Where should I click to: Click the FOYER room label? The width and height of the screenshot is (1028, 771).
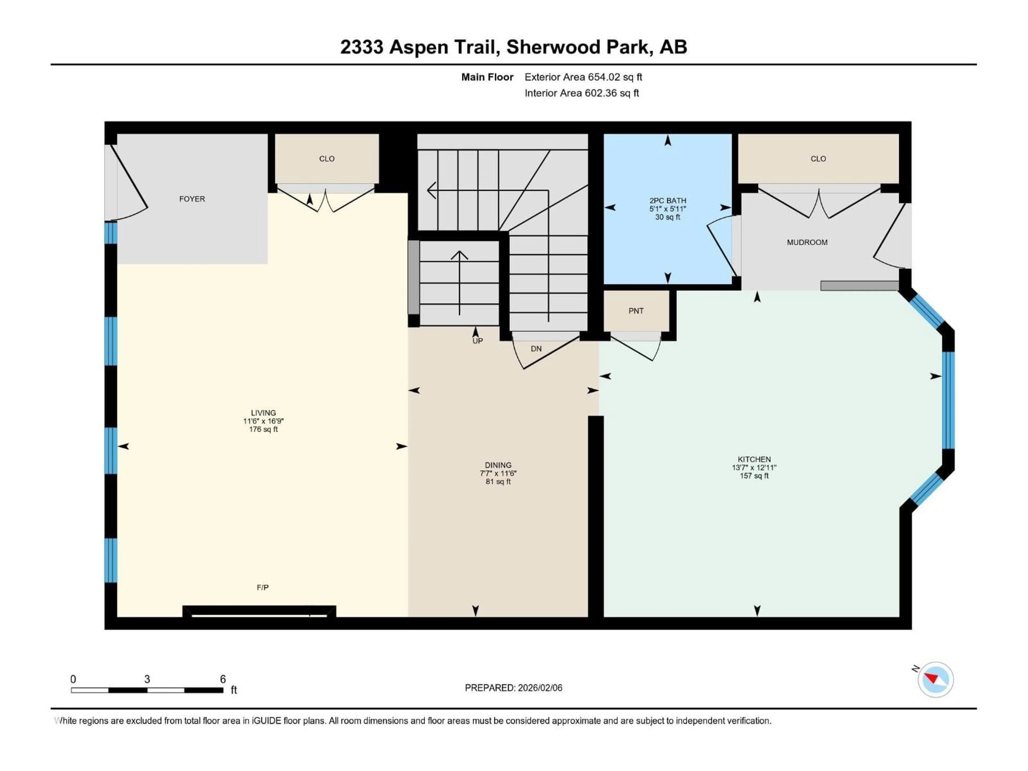pos(192,199)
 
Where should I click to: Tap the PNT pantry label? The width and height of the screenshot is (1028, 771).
pos(636,311)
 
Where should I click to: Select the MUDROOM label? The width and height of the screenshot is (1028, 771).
pos(807,242)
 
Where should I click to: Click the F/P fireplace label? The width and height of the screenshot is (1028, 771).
pos(263,587)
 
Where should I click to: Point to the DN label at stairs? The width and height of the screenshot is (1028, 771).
pos(536,349)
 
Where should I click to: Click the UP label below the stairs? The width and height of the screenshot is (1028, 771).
pos(477,341)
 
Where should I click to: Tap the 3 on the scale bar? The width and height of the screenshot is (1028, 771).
pos(147,679)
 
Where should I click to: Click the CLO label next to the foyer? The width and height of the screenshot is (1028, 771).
pos(327,158)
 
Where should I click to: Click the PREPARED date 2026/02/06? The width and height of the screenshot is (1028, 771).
pos(539,688)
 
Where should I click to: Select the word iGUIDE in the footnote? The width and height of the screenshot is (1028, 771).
pos(266,721)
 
